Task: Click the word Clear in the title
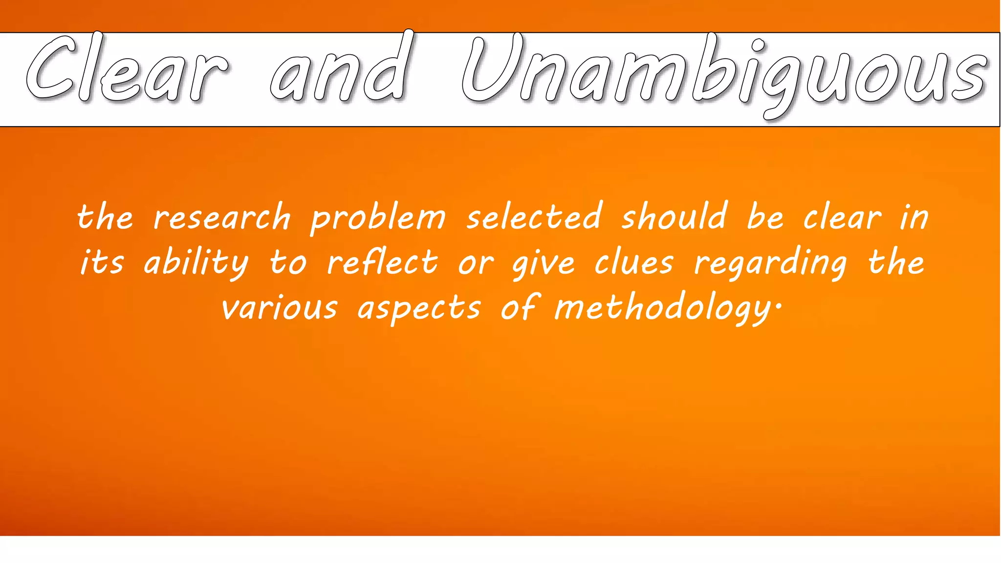127,68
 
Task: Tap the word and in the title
340,68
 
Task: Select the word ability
196,262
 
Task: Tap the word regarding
770,263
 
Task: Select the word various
279,308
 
